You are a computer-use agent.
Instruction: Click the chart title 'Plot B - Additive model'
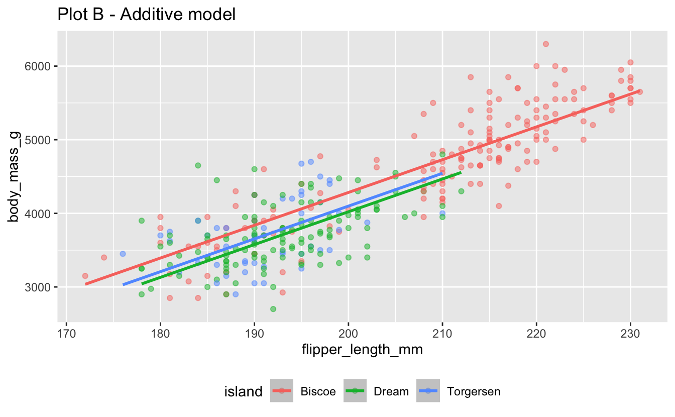coord(147,15)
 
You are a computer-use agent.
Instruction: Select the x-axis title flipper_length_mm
coord(362,351)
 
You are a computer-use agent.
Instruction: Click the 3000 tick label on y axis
coord(41,287)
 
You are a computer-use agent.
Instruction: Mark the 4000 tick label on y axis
coord(41,214)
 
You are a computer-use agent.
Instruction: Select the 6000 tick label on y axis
coord(41,66)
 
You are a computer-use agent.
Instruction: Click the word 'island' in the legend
coord(243,391)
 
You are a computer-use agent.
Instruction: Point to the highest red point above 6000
coord(546,44)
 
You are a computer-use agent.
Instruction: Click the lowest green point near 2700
coord(273,309)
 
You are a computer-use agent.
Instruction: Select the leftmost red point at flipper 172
coord(85,276)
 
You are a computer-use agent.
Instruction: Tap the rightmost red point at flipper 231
coord(640,91)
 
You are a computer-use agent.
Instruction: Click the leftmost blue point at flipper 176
coord(123,254)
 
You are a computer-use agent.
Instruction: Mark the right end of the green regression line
coord(461,172)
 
